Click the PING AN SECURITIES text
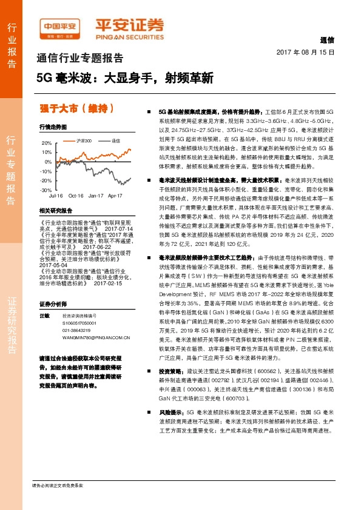pyautogui.click(x=129, y=35)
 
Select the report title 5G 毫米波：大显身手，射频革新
pyautogui.click(x=125, y=78)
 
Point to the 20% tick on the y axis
pyautogui.click(x=47, y=144)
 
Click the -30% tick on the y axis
pyautogui.click(x=46, y=190)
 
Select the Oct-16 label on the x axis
pyautogui.click(x=76, y=196)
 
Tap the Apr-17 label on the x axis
pyautogui.click(x=115, y=196)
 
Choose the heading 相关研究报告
pyautogui.click(x=55, y=210)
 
